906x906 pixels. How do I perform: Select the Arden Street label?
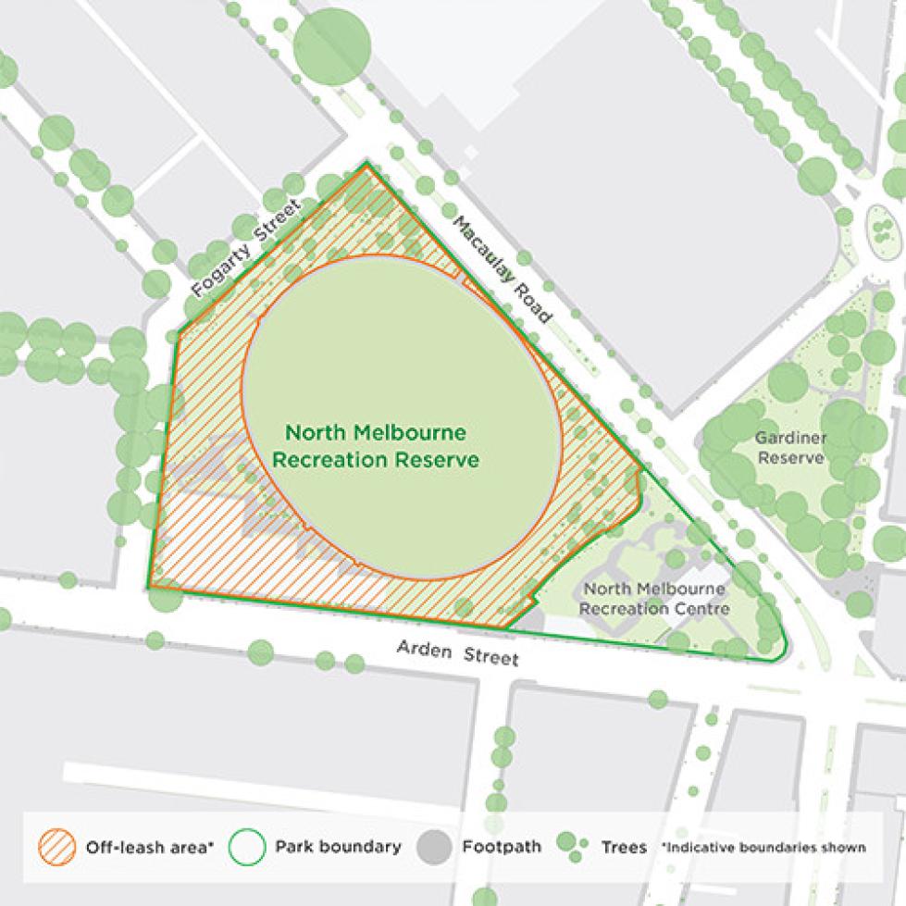[x=457, y=654]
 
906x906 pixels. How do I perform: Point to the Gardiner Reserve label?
[x=789, y=447]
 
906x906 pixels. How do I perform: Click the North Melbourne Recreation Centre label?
[x=656, y=598]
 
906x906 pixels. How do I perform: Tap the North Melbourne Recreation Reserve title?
[x=375, y=445]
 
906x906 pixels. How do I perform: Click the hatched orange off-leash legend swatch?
[x=57, y=847]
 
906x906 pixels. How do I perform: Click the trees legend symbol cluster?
[x=570, y=847]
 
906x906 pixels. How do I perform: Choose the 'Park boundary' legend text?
[x=338, y=847]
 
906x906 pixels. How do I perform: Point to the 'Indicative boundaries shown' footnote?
[x=763, y=847]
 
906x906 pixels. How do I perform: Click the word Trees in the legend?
[x=624, y=847]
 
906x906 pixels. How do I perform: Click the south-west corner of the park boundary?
[x=148, y=587]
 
